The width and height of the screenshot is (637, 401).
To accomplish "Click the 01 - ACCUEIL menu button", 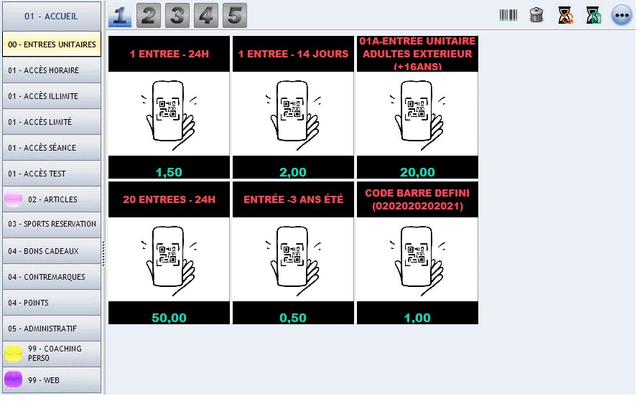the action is coord(52,16).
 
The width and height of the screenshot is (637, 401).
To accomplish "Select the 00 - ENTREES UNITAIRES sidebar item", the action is coord(52,44).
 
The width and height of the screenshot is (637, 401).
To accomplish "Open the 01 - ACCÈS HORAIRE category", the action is coord(52,70).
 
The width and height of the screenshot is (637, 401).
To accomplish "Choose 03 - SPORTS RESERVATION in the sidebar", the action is coord(52,224).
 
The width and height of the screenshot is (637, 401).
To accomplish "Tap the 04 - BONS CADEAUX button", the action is coord(52,251).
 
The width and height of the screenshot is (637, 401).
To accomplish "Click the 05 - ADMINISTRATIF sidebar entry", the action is coord(52,329).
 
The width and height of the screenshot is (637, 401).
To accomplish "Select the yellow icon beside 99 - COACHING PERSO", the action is coord(14,354).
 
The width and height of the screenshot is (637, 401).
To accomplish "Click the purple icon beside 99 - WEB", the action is coord(14,380).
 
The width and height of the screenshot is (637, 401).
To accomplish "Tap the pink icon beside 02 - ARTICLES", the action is coord(14,199).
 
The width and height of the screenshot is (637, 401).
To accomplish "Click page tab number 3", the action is coord(177,16).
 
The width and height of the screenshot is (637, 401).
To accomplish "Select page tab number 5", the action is coord(235,16).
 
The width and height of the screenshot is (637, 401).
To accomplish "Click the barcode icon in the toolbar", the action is coord(508,16).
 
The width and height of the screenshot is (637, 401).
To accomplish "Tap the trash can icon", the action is coord(536,16).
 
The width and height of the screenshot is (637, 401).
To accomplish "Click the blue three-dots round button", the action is coord(622,16).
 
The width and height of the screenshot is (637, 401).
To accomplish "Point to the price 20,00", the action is coord(417,172).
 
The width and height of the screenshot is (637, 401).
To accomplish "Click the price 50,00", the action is coord(169,318).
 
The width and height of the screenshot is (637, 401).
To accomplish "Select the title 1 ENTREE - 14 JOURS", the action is coord(293,54).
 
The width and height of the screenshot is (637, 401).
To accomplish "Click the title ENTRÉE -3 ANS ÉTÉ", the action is coord(293,199).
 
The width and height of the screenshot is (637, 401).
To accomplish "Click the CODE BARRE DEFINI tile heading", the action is coord(417,199).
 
